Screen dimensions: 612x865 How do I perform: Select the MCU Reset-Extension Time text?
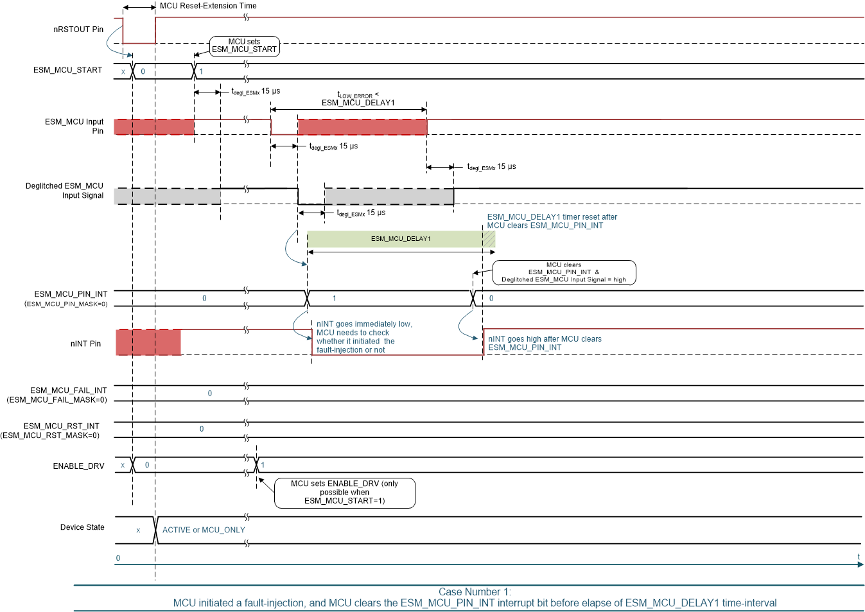tap(207, 6)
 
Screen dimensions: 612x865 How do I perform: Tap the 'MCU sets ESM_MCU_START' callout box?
tap(244, 46)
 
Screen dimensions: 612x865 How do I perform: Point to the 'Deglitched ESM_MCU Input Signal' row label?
tap(64, 191)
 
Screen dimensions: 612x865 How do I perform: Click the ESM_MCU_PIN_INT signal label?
tap(70, 294)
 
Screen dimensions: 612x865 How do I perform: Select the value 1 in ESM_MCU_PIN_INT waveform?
tap(334, 299)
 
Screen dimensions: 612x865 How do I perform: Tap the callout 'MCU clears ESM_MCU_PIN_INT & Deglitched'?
tap(563, 272)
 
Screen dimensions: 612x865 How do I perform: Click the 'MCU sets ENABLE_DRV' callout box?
tap(344, 493)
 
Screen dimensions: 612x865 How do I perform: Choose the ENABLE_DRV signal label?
tap(78, 466)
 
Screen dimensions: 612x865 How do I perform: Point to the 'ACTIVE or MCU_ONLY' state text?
tap(204, 530)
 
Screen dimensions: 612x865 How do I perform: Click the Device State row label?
tap(82, 527)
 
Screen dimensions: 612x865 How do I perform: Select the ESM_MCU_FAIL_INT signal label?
tap(68, 390)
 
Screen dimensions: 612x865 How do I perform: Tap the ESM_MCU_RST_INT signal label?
tap(61, 426)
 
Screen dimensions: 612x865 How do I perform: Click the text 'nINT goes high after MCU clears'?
tap(545, 339)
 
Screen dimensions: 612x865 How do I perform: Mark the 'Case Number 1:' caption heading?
tap(475, 592)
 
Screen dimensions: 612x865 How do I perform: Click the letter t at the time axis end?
tap(858, 557)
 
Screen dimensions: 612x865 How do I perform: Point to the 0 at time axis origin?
tap(118, 558)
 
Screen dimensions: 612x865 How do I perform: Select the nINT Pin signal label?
tap(85, 344)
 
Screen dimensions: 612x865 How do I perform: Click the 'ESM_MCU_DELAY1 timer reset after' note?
tap(552, 217)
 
